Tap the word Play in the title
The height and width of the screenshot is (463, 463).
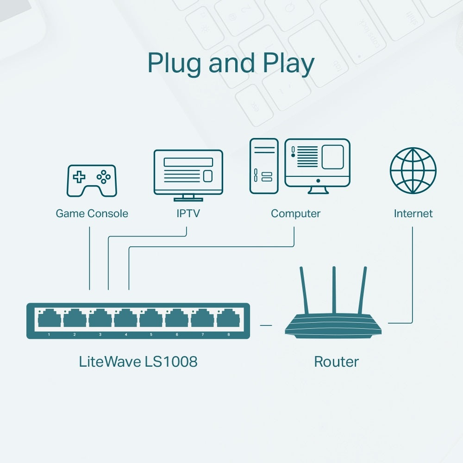coord(288,63)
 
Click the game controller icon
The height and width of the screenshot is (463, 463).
coord(92,180)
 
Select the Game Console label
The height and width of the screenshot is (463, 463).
coord(92,213)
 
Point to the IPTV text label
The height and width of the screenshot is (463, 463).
coord(188,213)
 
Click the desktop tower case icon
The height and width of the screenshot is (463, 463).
coord(264,166)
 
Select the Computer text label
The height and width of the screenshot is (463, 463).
coord(295,213)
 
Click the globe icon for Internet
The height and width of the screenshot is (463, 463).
coord(413,170)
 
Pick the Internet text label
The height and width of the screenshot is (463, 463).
coord(413,213)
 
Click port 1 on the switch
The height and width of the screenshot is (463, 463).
coord(49,319)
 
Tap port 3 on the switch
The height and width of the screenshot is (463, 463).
coord(100,319)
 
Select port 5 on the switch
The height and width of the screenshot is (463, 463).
coord(151,319)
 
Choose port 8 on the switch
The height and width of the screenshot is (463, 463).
coord(228,319)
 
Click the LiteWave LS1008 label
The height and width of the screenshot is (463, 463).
coord(138,362)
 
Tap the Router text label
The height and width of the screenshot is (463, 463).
coord(336,362)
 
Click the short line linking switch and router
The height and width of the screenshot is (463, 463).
coord(266,325)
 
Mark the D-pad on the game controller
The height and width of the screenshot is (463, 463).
coord(80,176)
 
